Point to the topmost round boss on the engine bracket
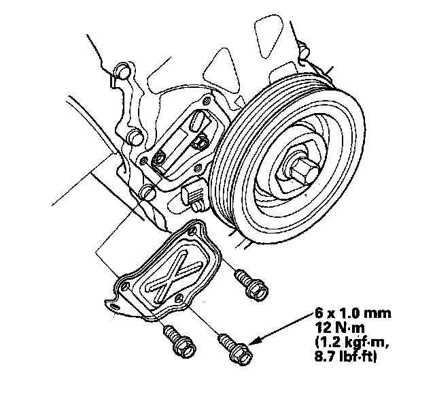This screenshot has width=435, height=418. point(123,71)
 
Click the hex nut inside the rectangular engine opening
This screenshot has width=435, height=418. point(199,142)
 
